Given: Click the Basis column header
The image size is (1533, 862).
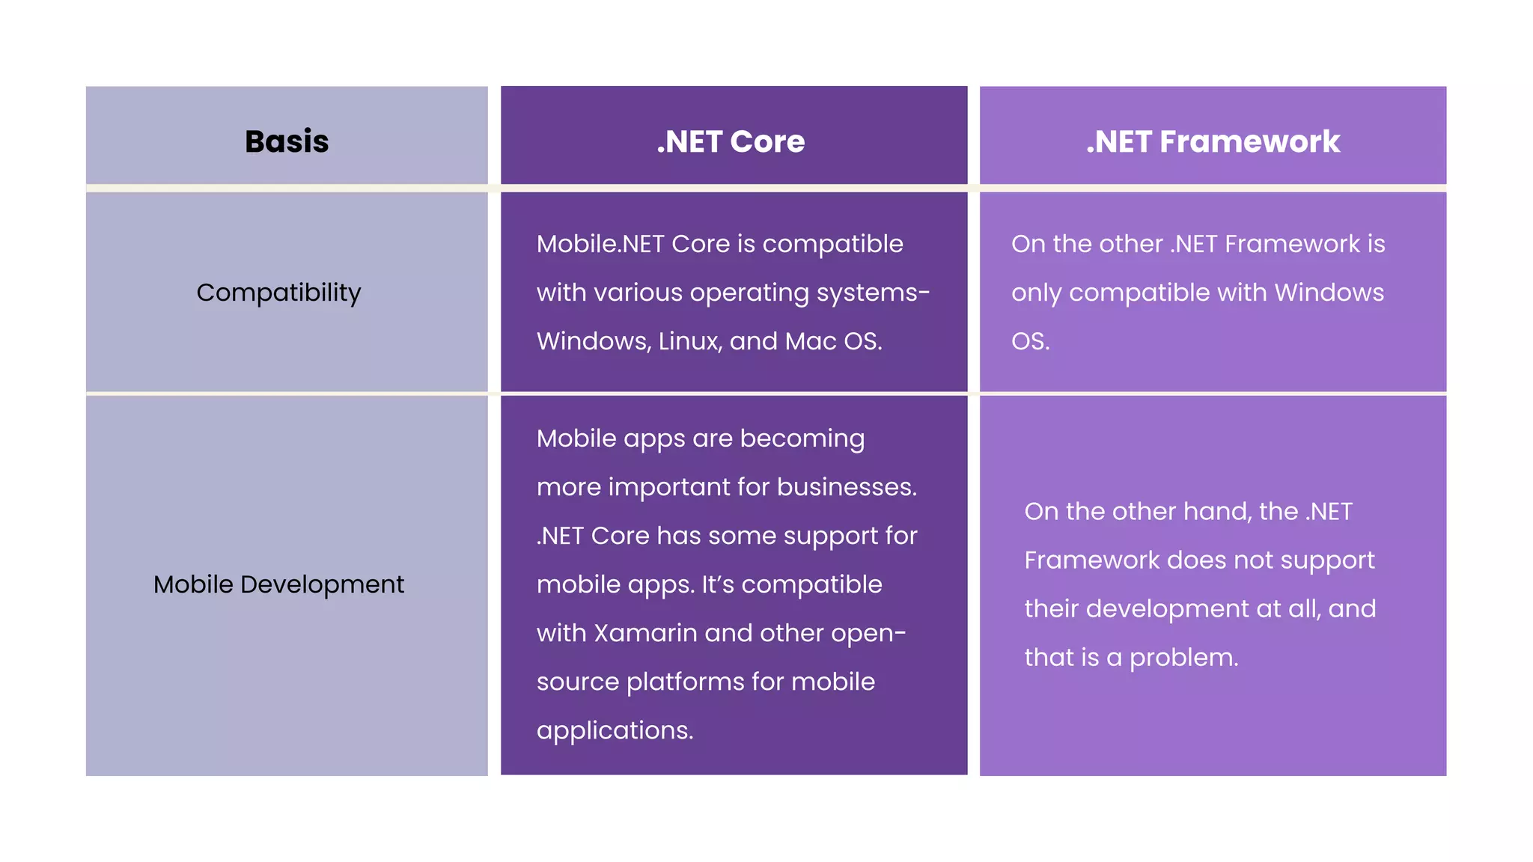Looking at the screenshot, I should (287, 141).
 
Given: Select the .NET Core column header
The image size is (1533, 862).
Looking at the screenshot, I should (731, 141).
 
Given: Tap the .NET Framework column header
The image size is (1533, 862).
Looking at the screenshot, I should (1213, 141).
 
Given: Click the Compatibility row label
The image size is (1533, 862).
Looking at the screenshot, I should (278, 293).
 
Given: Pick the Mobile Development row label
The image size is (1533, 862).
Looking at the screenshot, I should (278, 584).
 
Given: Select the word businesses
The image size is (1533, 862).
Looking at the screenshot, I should (847, 487).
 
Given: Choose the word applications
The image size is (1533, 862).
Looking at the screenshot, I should (615, 730).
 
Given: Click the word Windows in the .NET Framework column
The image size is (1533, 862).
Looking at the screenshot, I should (1329, 293).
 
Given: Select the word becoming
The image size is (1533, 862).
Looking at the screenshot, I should (802, 438).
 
